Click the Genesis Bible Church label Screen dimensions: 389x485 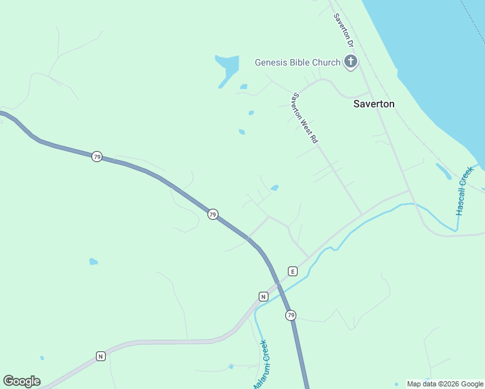(298, 63)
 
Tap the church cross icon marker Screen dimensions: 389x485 (351, 62)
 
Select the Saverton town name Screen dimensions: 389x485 (373, 104)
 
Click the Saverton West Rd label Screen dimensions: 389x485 (305, 118)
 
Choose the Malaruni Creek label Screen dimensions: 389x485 (260, 365)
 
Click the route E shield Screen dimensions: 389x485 (292, 271)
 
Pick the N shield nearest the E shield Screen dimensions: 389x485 (263, 296)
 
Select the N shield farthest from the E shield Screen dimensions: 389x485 (101, 356)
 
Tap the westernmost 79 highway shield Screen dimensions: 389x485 (97, 157)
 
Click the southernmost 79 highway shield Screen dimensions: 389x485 (290, 315)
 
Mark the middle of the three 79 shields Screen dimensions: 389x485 (212, 214)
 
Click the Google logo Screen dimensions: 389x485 (21, 381)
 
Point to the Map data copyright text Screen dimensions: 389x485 (445, 384)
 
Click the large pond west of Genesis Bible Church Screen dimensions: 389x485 (228, 67)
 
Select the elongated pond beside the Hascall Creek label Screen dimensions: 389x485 (444, 171)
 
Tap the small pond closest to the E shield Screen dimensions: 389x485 (275, 188)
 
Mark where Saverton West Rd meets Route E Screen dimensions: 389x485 (362, 215)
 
